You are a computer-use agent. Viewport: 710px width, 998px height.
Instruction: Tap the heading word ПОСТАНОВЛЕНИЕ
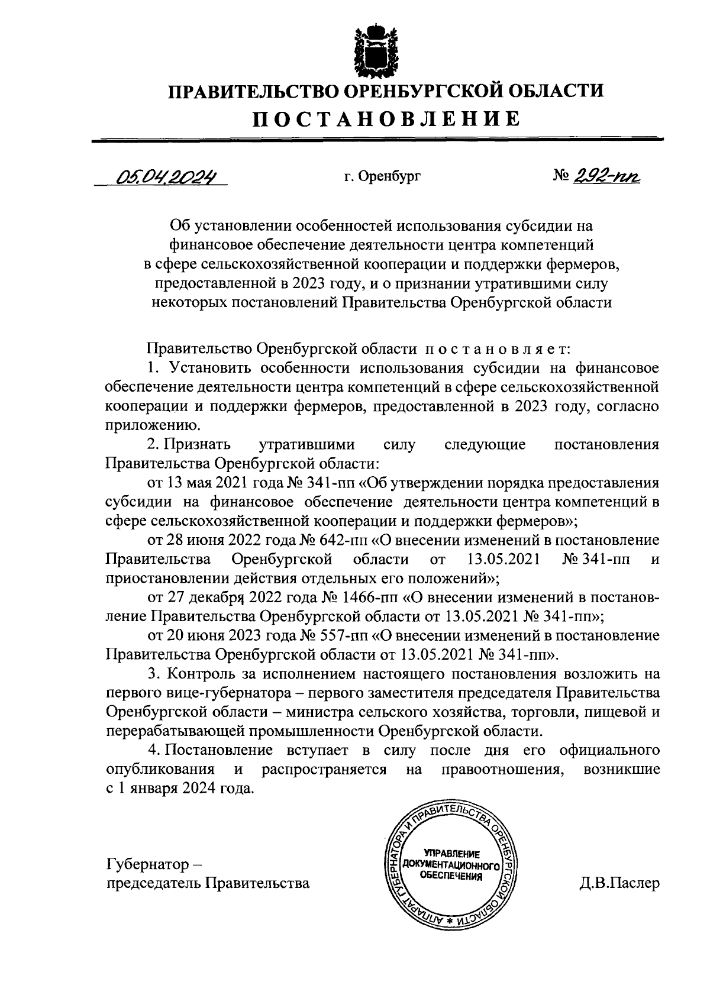pos(388,119)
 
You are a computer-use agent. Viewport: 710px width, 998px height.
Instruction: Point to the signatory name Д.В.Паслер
pos(620,884)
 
